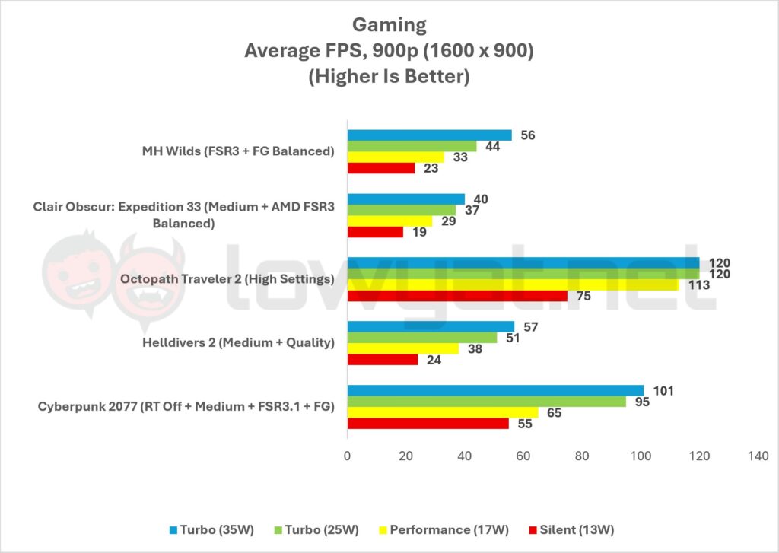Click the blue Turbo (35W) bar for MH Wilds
[x=430, y=135]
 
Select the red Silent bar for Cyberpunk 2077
[x=428, y=423]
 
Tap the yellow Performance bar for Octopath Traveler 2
[x=513, y=284]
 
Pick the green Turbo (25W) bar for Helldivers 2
[x=422, y=338]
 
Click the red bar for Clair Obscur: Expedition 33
[x=375, y=231]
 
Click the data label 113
[x=698, y=284]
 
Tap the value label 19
[x=418, y=231]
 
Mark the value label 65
[x=554, y=412]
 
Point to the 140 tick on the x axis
[x=758, y=456]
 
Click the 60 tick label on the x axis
[x=523, y=456]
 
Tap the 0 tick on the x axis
[x=348, y=456]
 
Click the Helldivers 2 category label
[x=238, y=342]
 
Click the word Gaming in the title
[x=389, y=24]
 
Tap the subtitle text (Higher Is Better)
[x=389, y=77]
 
